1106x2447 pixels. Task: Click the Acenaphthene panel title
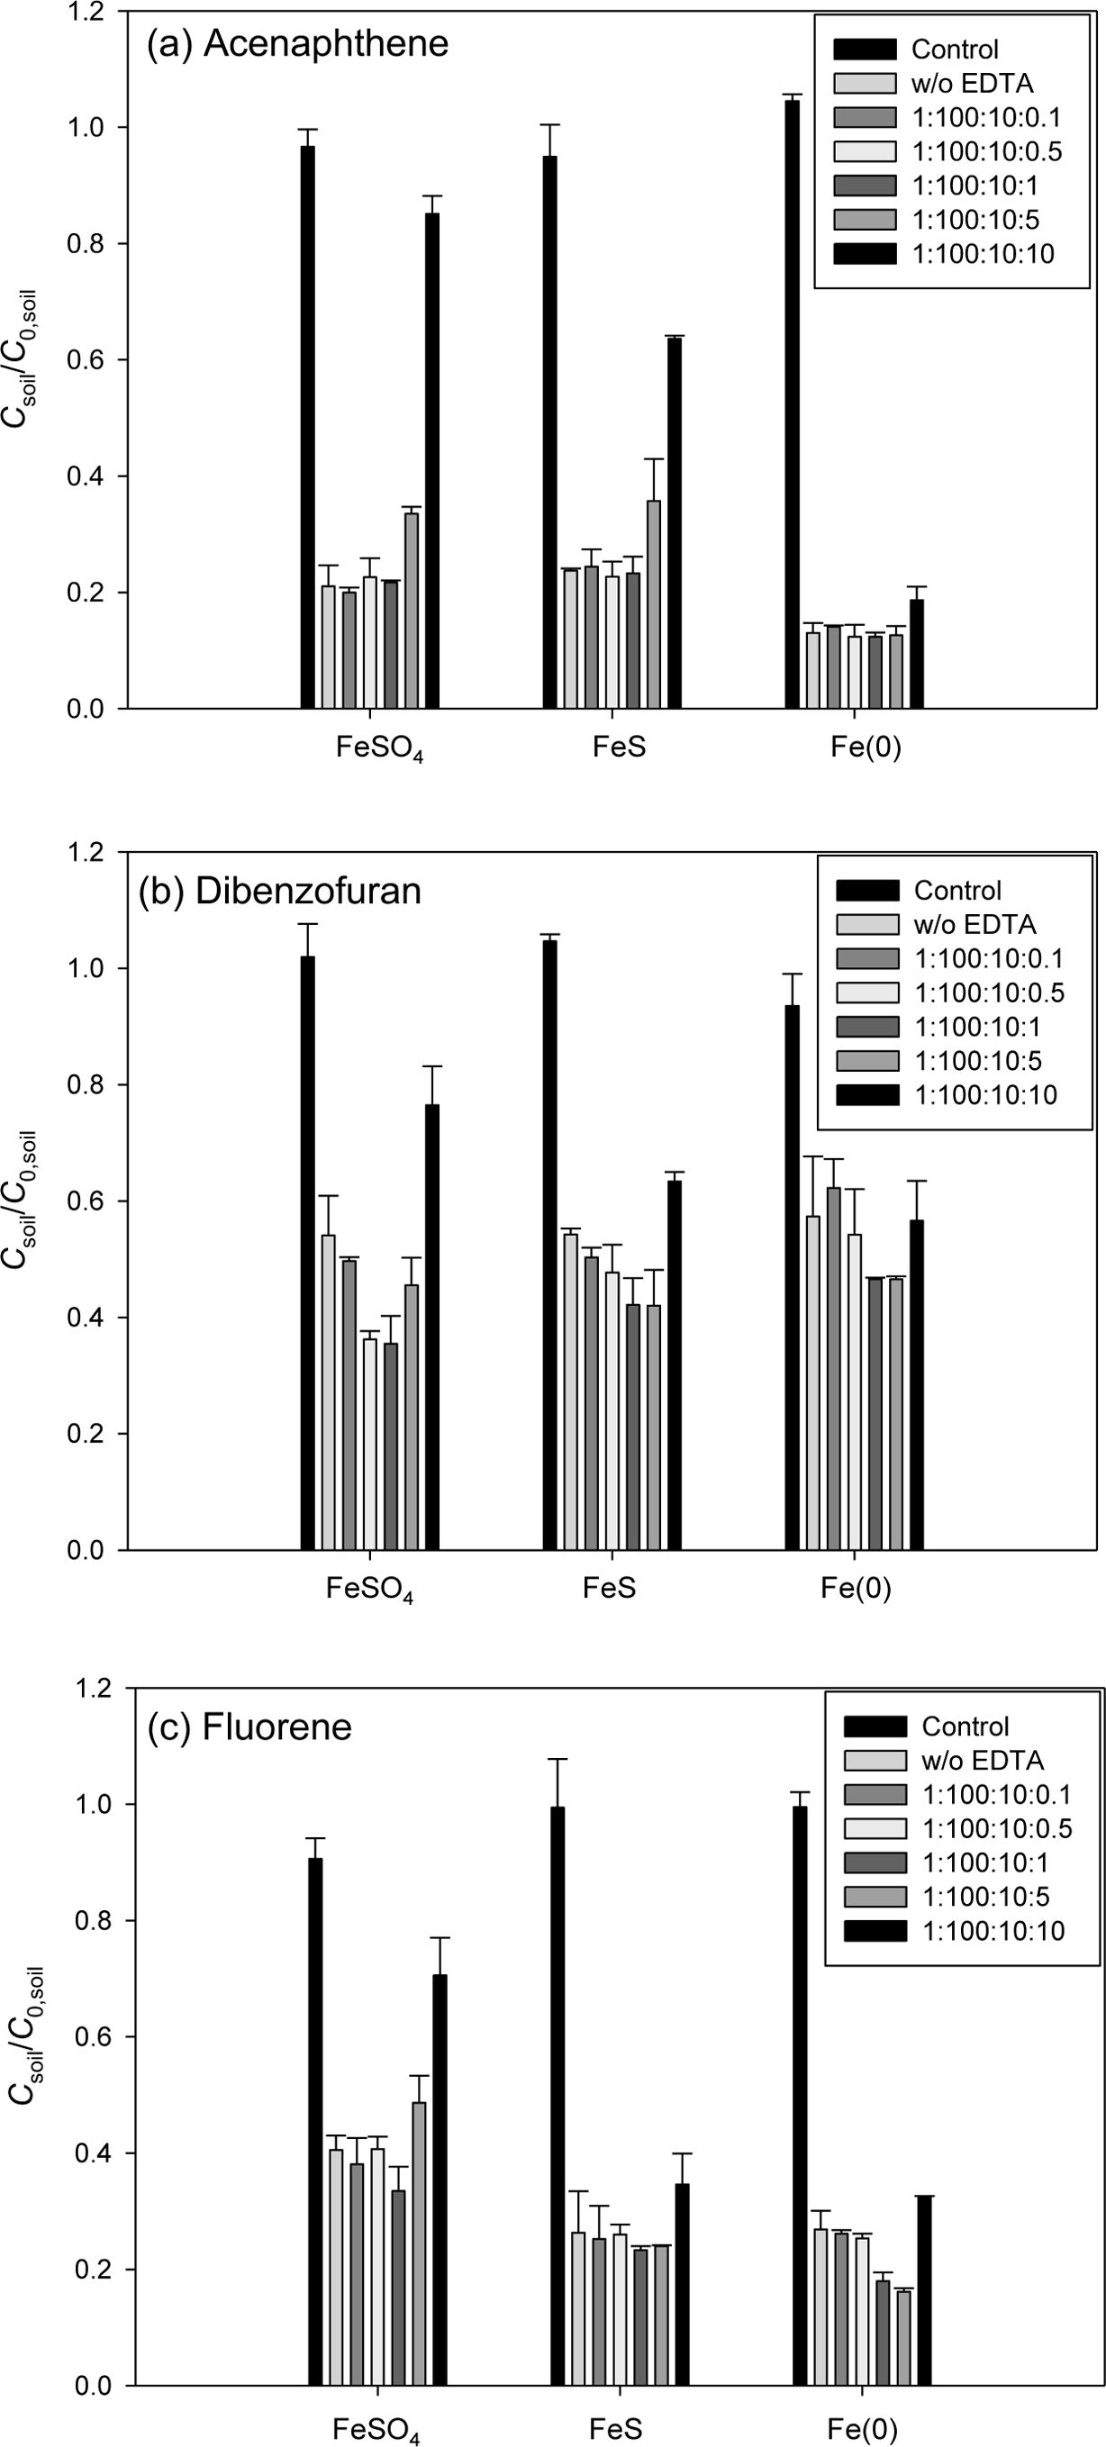pyautogui.click(x=296, y=45)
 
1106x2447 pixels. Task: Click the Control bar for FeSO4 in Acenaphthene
pyautogui.click(x=308, y=428)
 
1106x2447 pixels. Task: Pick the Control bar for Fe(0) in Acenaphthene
pyautogui.click(x=793, y=404)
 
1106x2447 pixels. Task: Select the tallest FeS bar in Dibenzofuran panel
pyautogui.click(x=550, y=1245)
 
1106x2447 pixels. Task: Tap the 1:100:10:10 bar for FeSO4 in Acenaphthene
pyautogui.click(x=432, y=461)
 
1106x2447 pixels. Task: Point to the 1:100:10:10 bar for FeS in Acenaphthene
pyautogui.click(x=675, y=522)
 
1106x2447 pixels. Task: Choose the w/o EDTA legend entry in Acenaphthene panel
pyautogui.click(x=971, y=84)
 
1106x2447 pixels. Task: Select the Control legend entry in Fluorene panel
pyautogui.click(x=965, y=1726)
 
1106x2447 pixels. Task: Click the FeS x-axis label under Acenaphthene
pyautogui.click(x=619, y=747)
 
